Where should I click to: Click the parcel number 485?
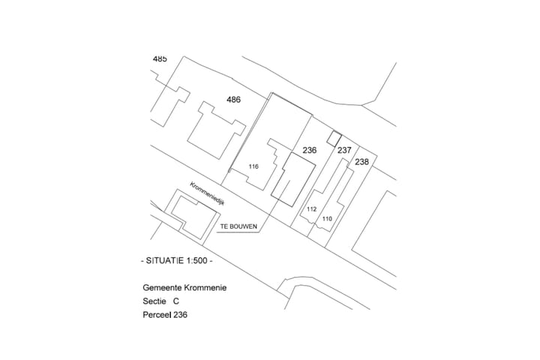click(160, 59)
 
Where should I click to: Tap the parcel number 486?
click(233, 100)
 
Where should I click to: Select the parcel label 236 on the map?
click(309, 150)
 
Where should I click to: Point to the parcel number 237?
click(344, 150)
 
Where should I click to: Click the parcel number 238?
click(361, 162)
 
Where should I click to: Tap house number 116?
click(253, 166)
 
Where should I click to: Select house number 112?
click(311, 209)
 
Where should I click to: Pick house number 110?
click(327, 219)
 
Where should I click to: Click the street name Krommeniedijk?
click(207, 193)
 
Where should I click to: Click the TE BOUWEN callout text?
click(238, 226)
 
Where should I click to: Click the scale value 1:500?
click(197, 260)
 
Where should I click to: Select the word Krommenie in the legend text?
click(205, 288)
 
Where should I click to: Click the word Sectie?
click(154, 301)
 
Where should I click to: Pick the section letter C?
click(176, 301)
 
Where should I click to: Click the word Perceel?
click(157, 315)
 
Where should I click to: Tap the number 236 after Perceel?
click(181, 315)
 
